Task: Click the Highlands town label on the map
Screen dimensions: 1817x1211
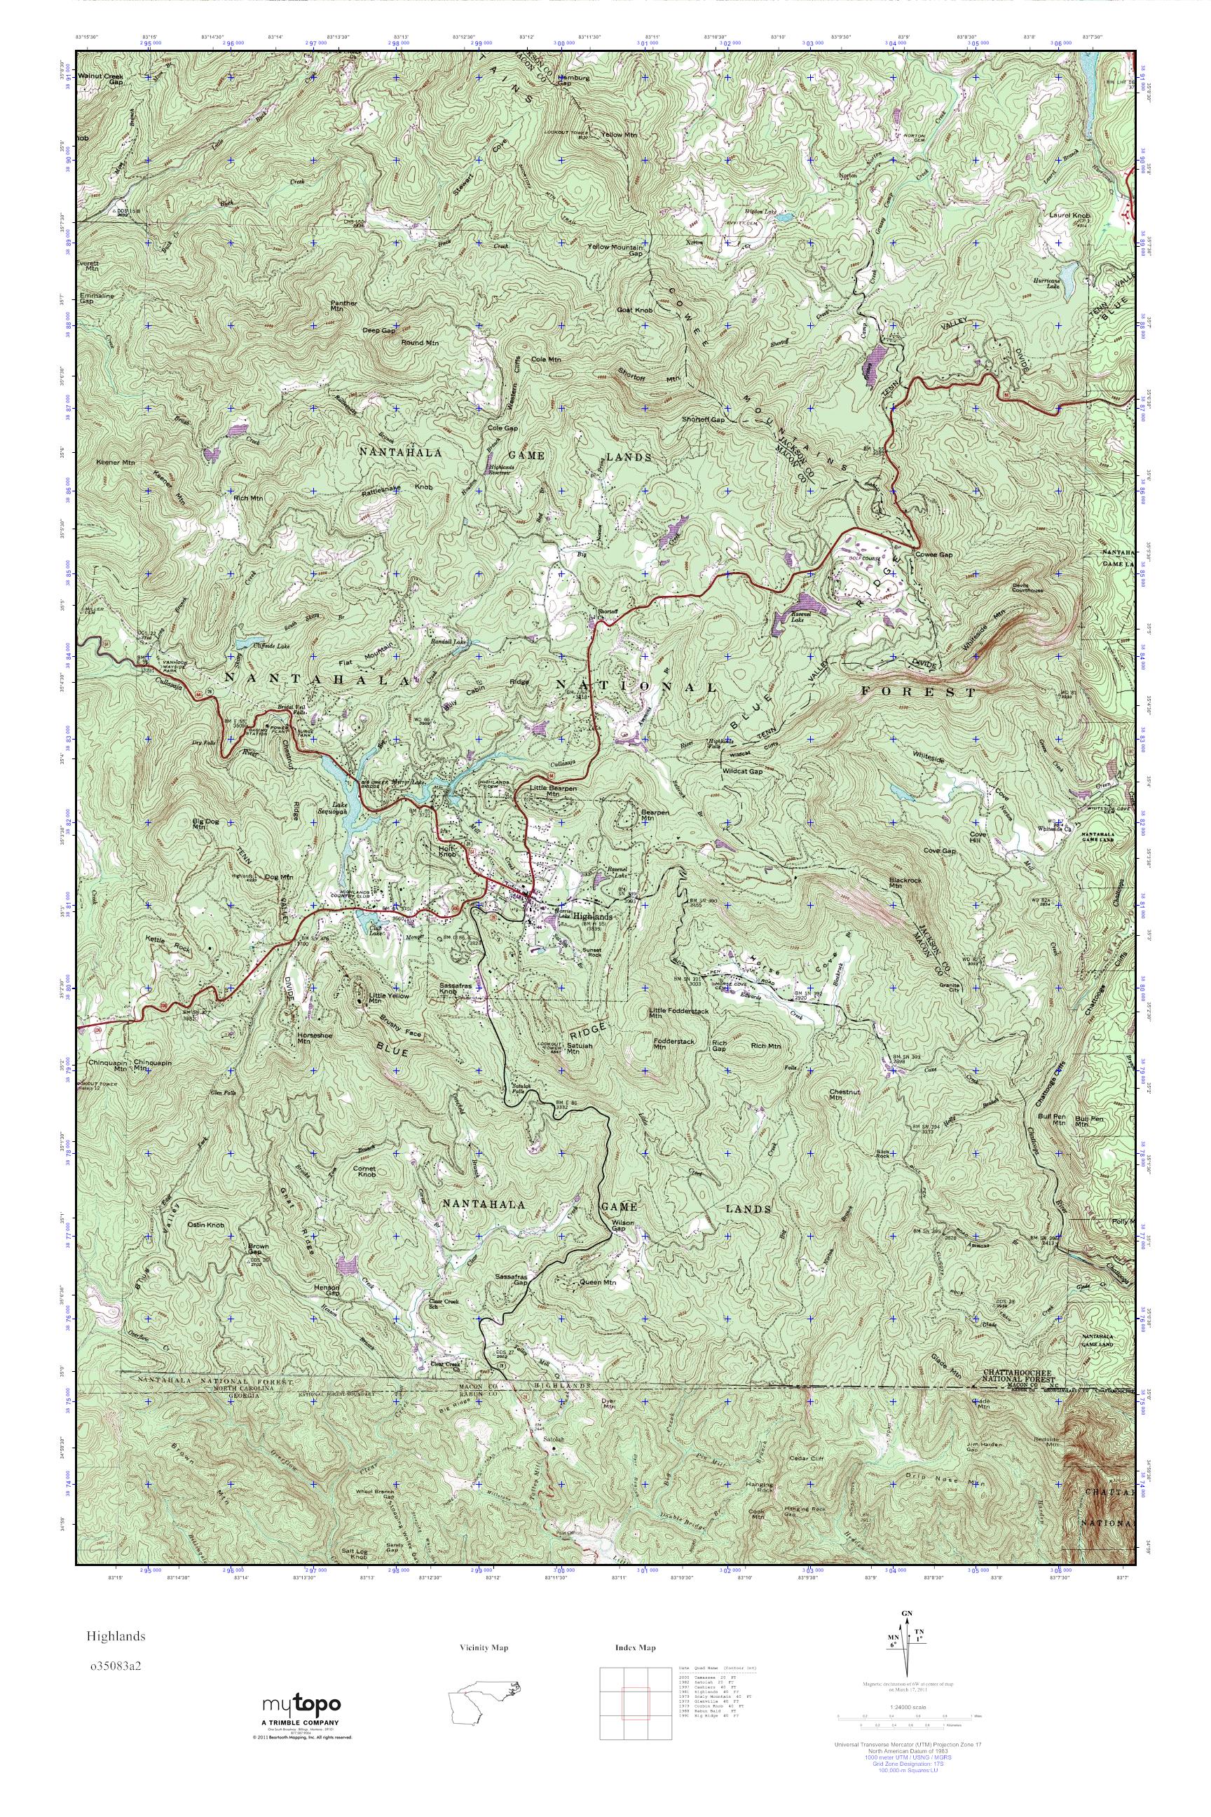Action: (x=593, y=916)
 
